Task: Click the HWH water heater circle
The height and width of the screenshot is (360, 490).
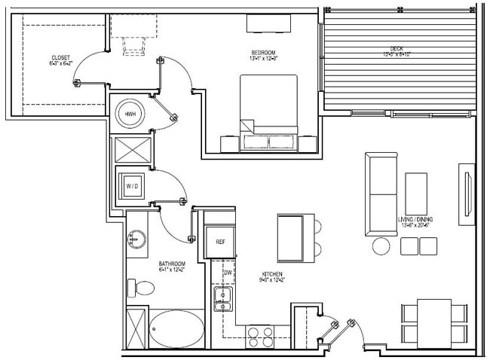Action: pos(130,114)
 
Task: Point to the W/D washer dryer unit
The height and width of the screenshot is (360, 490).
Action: pos(131,185)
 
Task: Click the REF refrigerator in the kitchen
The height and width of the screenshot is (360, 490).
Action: pos(220,242)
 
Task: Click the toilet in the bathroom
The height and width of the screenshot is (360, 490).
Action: pos(140,287)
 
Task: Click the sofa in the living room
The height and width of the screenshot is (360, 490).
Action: pos(381,194)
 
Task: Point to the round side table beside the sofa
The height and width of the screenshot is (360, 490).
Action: pos(381,246)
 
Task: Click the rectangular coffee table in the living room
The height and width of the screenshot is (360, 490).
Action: pos(417,195)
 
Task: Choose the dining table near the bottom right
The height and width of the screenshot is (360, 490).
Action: pos(433,322)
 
